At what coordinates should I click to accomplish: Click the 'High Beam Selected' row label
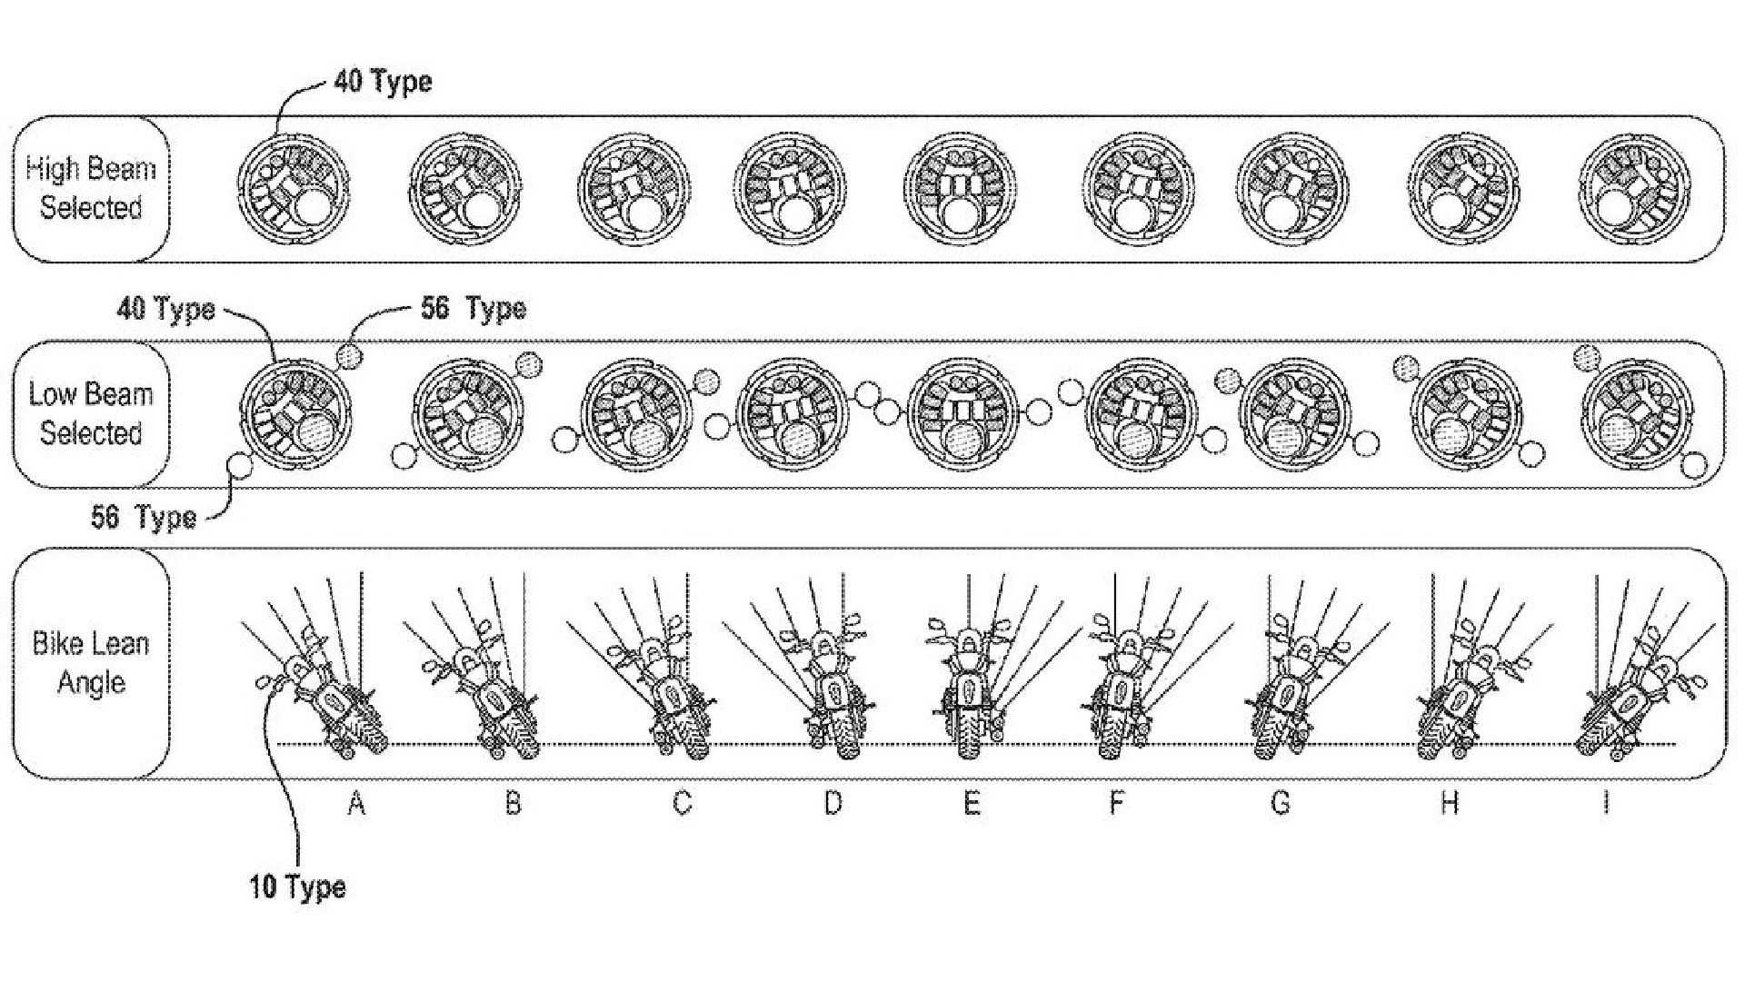91,188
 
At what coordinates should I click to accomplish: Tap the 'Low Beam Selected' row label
91,413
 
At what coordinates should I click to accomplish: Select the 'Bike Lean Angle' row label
91,662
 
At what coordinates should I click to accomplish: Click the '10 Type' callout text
298,886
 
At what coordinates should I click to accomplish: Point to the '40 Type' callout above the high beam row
383,82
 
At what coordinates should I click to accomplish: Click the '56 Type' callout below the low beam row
144,517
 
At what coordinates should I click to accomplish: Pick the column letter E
972,803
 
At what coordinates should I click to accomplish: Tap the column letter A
356,803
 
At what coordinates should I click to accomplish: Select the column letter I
1606,803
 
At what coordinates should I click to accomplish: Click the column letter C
682,803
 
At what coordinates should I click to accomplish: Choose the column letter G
1280,803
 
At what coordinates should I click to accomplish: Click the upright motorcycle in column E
970,687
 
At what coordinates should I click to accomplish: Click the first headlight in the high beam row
294,190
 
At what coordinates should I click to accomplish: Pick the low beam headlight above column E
962,415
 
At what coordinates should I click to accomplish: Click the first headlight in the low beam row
295,415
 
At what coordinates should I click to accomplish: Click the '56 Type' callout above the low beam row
473,309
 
